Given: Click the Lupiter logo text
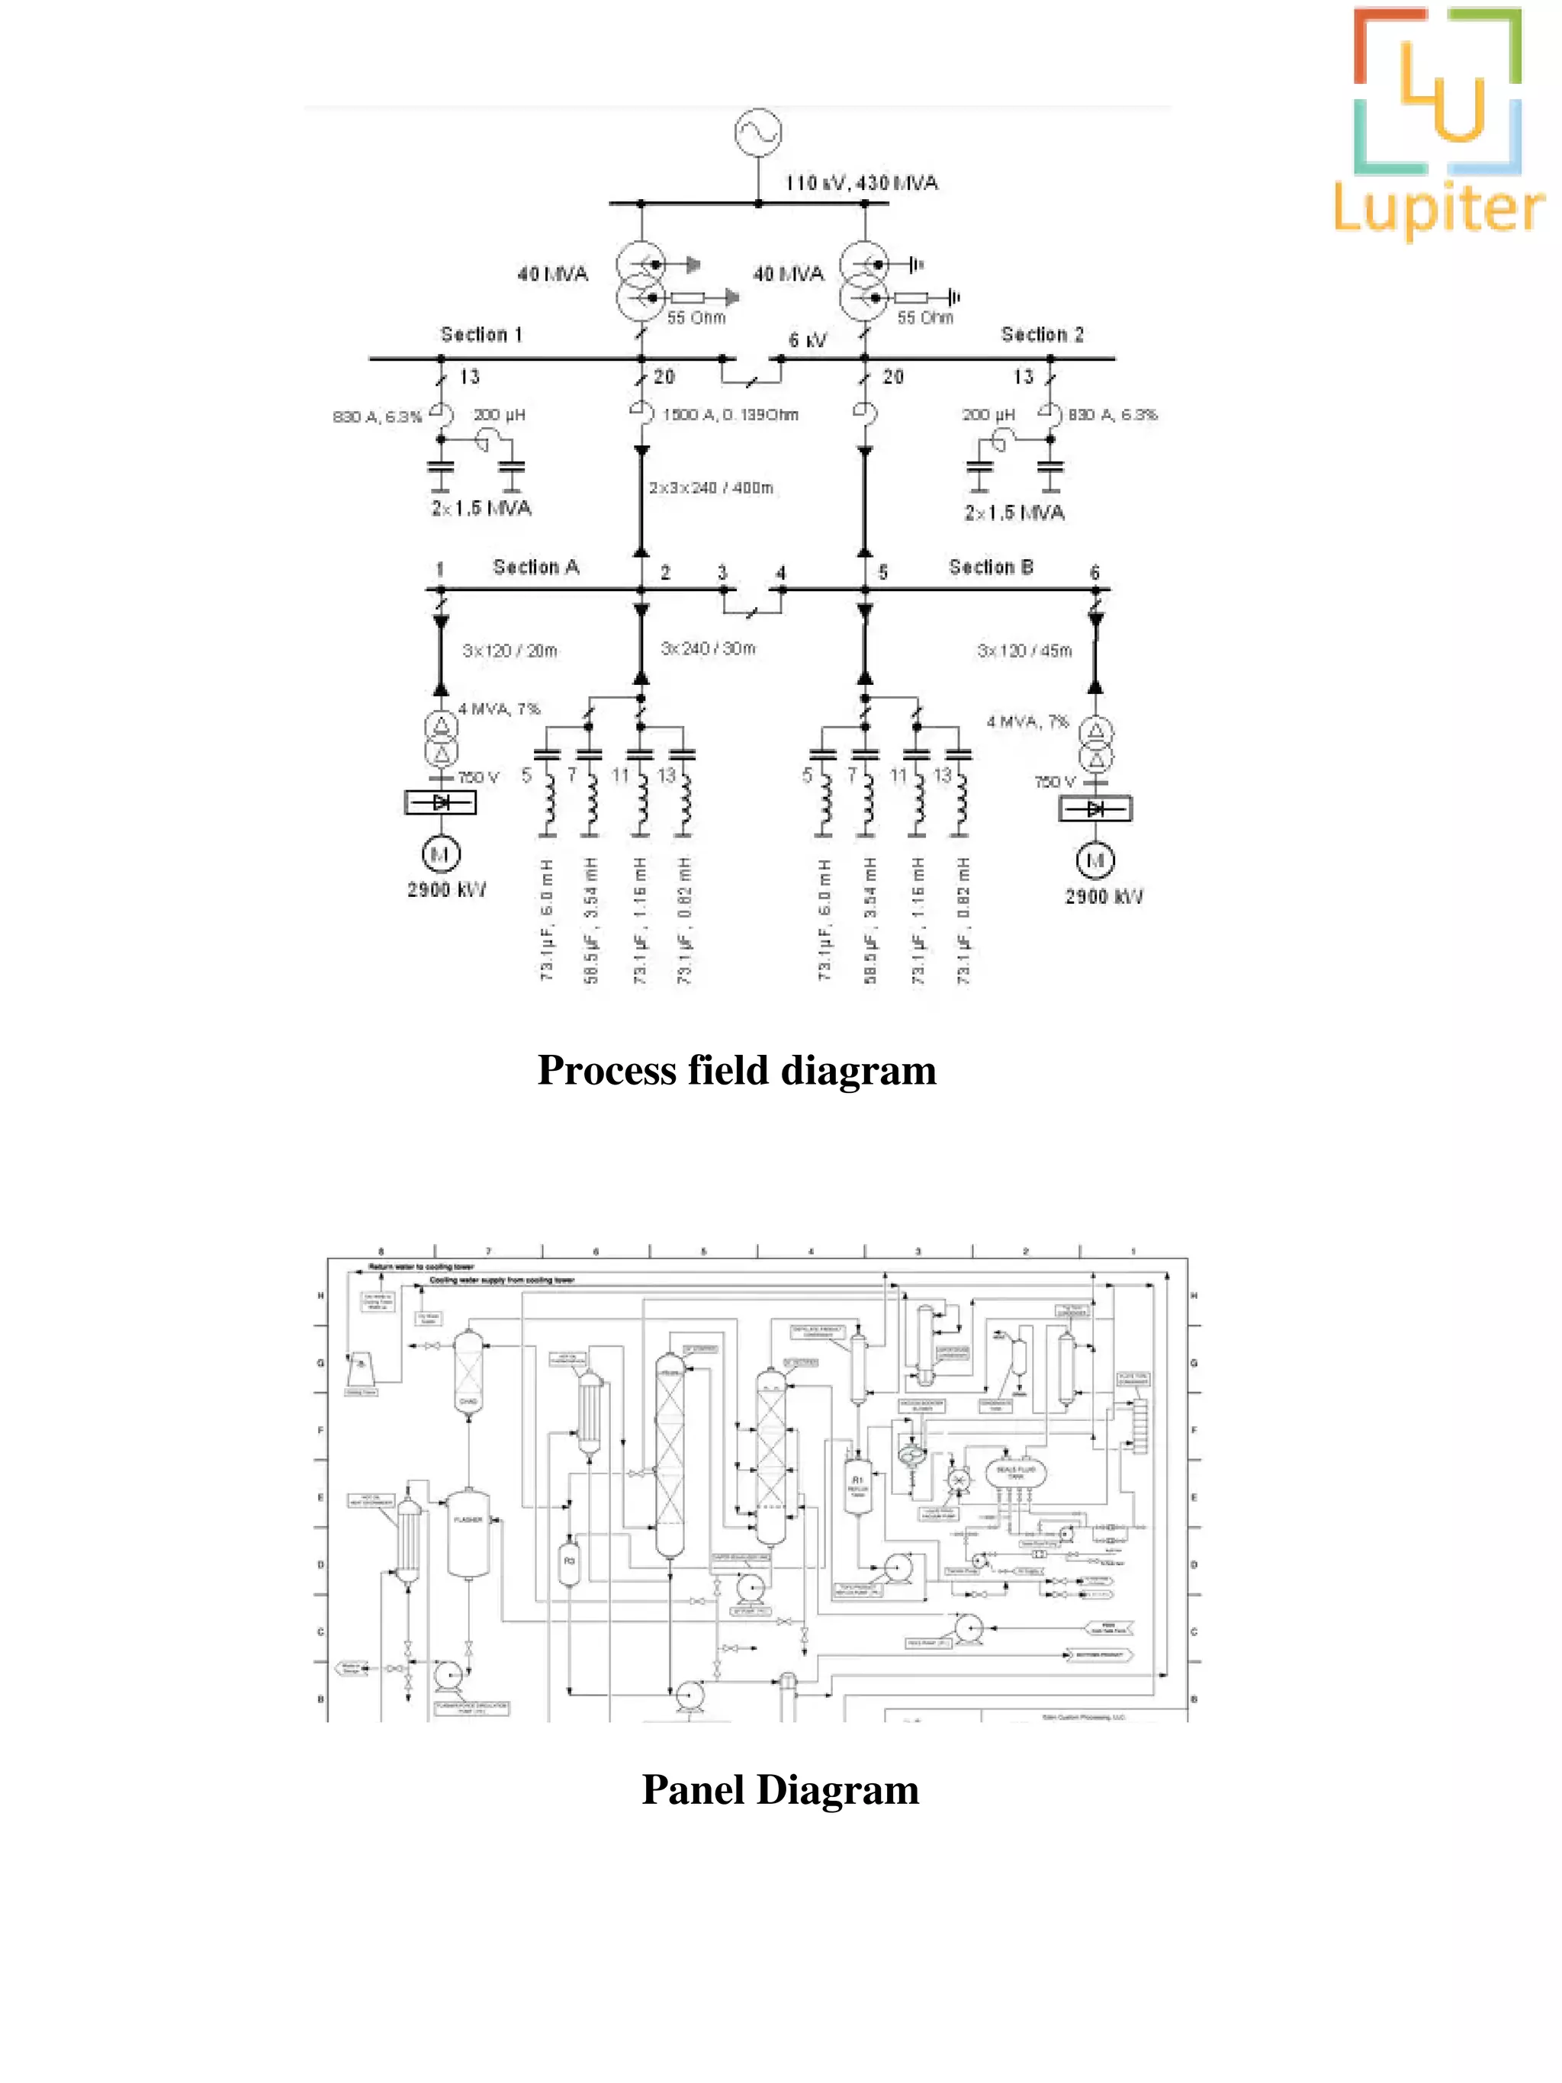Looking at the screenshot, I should point(1438,210).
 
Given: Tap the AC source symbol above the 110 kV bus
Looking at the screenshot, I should point(758,133).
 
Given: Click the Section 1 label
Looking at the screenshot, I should point(481,334).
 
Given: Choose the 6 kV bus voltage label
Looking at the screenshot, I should point(808,340).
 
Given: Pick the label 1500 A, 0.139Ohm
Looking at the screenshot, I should point(731,414).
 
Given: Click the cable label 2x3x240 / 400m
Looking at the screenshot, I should point(711,488).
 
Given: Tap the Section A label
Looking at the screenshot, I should point(535,567).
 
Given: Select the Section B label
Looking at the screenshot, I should point(991,567).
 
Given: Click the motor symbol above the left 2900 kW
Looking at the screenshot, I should point(440,855).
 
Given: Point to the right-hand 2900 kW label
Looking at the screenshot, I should point(1104,896).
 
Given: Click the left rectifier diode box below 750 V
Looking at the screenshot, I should point(441,802).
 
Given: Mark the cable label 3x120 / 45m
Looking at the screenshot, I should point(1024,651).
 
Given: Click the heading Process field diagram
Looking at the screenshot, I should point(736,1071).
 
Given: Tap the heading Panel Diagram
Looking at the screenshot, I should point(780,1790).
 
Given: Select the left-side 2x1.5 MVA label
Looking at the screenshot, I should point(481,509).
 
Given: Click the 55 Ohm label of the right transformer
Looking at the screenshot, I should point(924,318).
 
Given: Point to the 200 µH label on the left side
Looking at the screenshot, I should point(499,414).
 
